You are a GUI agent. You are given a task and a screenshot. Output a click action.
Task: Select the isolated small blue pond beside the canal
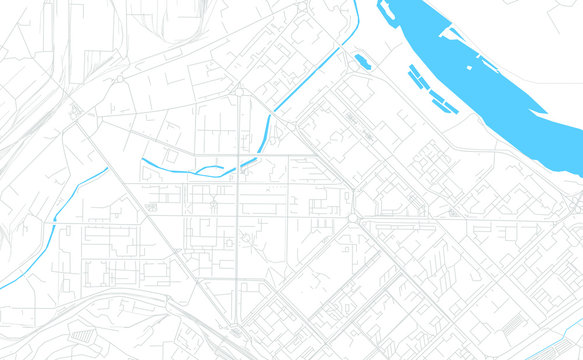[361, 62]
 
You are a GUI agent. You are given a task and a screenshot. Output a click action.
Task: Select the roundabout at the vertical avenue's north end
[240, 94]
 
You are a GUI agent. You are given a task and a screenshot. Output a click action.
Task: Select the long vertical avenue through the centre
[240, 220]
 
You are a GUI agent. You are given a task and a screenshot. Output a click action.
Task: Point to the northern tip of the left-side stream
[107, 169]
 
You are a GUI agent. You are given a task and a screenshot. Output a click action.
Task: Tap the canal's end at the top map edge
[356, 2]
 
